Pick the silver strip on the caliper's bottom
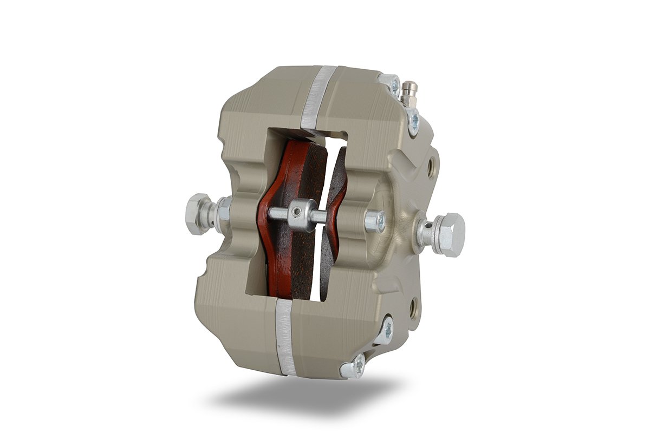(284, 336)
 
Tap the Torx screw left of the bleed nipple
(392, 84)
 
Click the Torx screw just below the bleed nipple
(413, 122)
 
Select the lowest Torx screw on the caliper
(353, 368)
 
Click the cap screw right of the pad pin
(375, 221)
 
